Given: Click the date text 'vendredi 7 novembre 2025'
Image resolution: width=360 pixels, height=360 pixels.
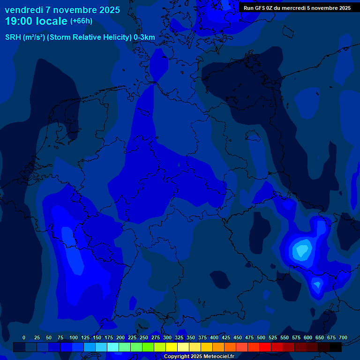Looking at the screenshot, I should [62, 10].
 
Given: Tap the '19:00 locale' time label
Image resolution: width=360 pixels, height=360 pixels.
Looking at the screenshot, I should [36, 21].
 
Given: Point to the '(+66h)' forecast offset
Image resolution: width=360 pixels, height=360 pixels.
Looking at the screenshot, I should [81, 21].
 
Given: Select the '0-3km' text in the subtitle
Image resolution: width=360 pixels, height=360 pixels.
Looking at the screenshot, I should [144, 37].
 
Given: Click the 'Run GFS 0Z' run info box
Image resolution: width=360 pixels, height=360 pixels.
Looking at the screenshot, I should [297, 8].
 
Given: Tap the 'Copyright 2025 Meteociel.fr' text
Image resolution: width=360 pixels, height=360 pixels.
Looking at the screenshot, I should [199, 356].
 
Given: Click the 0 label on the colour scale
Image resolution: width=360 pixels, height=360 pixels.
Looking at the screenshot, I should [24, 337].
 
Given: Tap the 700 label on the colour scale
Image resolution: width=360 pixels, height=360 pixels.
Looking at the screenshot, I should [343, 337].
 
